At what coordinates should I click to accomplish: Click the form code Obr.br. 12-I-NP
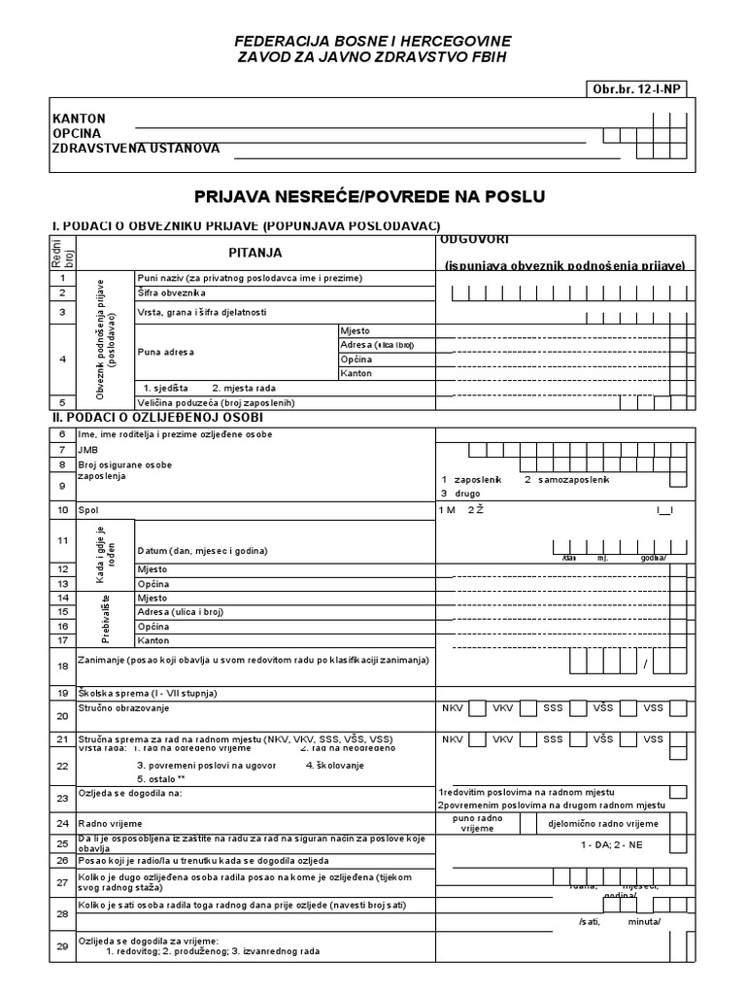tap(636, 89)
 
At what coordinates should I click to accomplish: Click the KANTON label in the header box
tap(79, 118)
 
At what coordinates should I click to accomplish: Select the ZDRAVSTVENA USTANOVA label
tap(136, 149)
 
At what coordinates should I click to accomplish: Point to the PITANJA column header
tap(255, 252)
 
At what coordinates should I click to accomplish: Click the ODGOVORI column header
tap(476, 239)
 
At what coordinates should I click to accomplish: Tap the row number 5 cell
tap(61, 402)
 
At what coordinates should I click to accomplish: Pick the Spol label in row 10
tap(88, 509)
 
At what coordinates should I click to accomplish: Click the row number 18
tap(62, 667)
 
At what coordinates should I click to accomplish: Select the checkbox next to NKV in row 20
tap(477, 708)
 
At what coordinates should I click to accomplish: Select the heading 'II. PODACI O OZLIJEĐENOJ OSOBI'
tap(155, 417)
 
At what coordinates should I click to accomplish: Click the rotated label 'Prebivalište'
tap(106, 619)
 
